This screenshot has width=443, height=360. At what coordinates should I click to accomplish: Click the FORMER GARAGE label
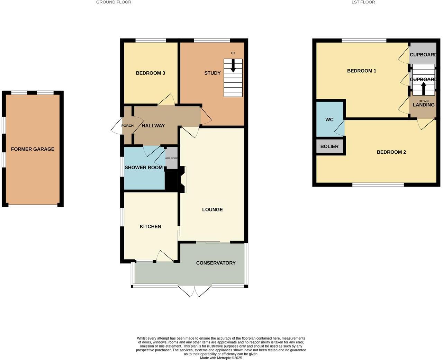pyautogui.click(x=33, y=149)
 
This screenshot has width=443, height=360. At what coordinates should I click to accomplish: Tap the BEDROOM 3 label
pyautogui.click(x=150, y=73)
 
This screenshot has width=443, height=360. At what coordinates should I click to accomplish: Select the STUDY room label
pyautogui.click(x=212, y=73)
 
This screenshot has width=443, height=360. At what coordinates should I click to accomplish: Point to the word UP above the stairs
pyautogui.click(x=233, y=53)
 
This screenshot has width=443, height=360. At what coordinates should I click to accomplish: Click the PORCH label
pyautogui.click(x=127, y=126)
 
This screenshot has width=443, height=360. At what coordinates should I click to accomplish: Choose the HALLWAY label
pyautogui.click(x=153, y=126)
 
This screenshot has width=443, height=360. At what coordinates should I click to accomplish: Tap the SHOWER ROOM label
pyautogui.click(x=143, y=168)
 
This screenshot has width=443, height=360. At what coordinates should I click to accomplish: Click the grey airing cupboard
pyautogui.click(x=171, y=158)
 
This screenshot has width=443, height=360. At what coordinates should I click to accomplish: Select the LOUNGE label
pyautogui.click(x=212, y=209)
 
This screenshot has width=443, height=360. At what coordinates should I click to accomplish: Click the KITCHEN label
pyautogui.click(x=150, y=226)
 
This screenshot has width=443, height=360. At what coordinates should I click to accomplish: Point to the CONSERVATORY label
pyautogui.click(x=216, y=263)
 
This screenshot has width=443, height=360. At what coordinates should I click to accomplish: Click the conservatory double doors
pyautogui.click(x=195, y=291)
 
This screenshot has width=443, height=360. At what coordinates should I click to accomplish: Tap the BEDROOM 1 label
pyautogui.click(x=361, y=71)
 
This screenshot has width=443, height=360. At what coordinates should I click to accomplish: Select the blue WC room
pyautogui.click(x=329, y=119)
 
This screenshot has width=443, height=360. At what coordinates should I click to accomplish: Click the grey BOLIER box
pyautogui.click(x=329, y=146)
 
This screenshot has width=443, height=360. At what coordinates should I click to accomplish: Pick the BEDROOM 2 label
pyautogui.click(x=391, y=152)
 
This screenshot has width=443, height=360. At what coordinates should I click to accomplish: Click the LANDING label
pyautogui.click(x=423, y=105)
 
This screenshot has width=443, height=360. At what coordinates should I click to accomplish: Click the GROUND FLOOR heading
pyautogui.click(x=114, y=2)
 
